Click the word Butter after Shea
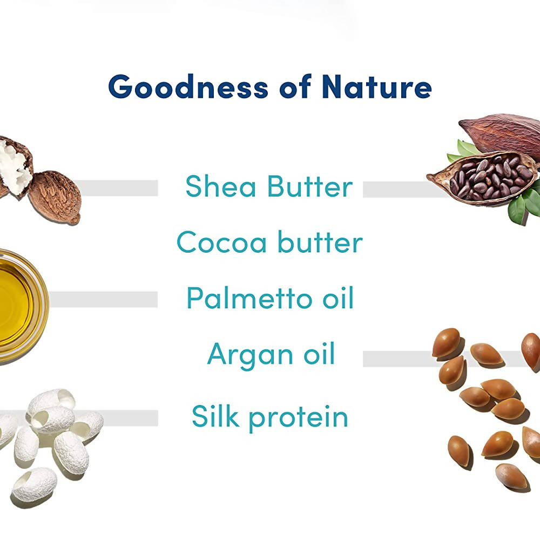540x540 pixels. click(309, 186)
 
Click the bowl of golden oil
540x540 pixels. click(16, 305)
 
